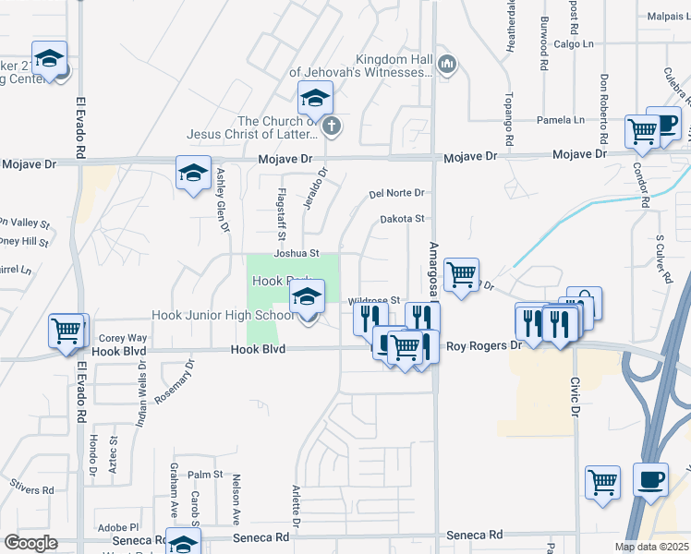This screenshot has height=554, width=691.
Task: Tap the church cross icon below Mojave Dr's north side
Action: coord(331,126)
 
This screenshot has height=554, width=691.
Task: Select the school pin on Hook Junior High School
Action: coord(307,298)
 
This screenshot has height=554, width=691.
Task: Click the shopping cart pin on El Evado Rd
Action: coord(67,330)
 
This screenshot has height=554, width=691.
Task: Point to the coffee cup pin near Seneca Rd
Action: coord(651,480)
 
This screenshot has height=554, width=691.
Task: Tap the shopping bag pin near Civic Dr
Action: coord(584,303)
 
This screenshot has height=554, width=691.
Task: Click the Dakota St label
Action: coord(402,220)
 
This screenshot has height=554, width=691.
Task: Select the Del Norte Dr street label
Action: coord(395,193)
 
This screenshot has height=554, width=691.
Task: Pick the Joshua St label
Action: coord(296,253)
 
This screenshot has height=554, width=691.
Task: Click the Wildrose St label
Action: coord(373,301)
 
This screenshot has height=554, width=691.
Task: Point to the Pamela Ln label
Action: coord(562,120)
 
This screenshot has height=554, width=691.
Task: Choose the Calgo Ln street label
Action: coord(574,42)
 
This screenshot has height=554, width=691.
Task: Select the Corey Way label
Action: coord(123,338)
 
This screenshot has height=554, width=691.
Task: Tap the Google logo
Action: coord(30,543)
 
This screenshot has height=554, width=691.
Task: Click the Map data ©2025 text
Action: coord(651,547)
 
